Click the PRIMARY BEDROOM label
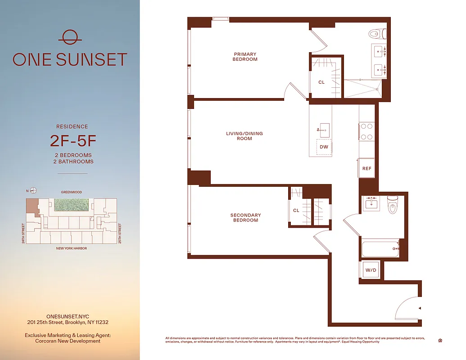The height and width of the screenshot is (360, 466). pos(245,57)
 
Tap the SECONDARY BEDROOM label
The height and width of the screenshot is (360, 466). pos(245,218)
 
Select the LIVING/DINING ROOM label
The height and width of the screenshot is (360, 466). pos(244,136)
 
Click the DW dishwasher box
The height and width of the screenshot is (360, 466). pos(324,147)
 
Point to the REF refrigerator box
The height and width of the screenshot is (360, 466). pos(367,168)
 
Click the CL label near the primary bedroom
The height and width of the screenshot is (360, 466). pos(321,82)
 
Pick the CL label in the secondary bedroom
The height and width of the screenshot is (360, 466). pos(296,210)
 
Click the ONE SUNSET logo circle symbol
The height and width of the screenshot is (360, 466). pos(70,37)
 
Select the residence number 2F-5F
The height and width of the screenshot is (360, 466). pos(73,141)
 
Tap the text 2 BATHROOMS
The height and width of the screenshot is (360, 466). pos(73,162)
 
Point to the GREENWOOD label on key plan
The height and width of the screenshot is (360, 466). pos(72,192)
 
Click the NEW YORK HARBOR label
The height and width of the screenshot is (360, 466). pos(72,248)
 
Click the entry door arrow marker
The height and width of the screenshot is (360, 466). pos(420,308)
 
